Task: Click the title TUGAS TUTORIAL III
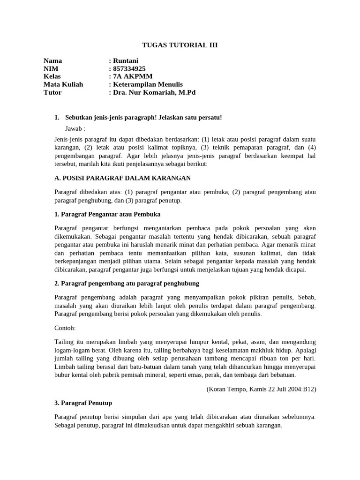180,45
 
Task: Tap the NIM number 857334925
129,69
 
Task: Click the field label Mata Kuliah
63,84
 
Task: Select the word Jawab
74,128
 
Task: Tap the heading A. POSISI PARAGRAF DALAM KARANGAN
123,178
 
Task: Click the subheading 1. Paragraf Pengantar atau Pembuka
107,214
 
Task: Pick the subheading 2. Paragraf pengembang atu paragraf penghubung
127,284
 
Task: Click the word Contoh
64,328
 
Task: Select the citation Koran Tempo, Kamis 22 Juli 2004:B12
261,389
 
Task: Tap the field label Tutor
52,92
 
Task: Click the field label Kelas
52,76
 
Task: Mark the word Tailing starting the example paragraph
64,341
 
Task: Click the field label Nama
52,61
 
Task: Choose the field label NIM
51,69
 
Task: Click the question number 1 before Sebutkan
57,117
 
